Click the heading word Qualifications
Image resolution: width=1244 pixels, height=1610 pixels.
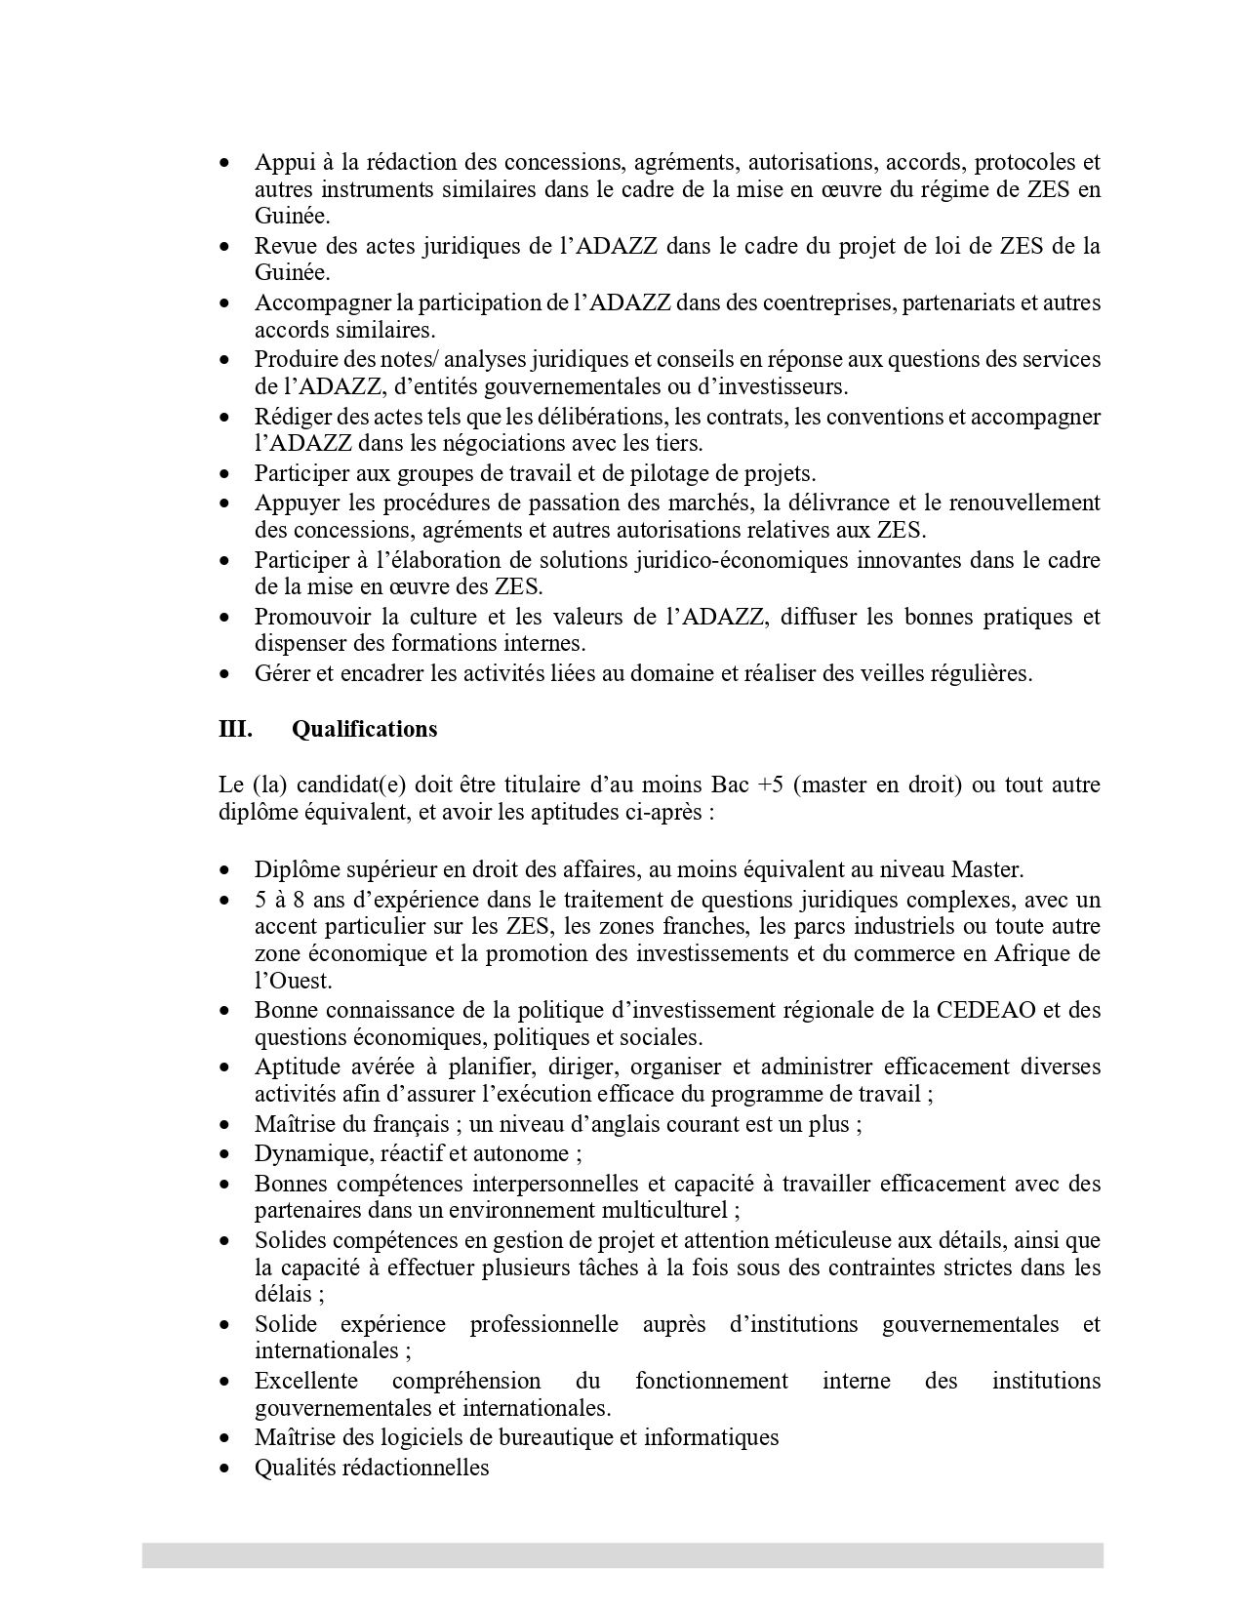tap(364, 729)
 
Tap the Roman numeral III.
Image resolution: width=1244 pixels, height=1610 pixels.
tap(235, 729)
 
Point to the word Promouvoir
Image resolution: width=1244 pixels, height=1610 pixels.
tap(312, 617)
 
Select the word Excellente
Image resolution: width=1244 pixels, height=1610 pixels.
tap(306, 1381)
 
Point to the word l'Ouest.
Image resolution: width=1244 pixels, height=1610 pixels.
tap(292, 981)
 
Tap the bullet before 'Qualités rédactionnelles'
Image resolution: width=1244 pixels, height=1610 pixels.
tap(225, 1468)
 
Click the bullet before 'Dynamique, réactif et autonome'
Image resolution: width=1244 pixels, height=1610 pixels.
tap(225, 1154)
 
